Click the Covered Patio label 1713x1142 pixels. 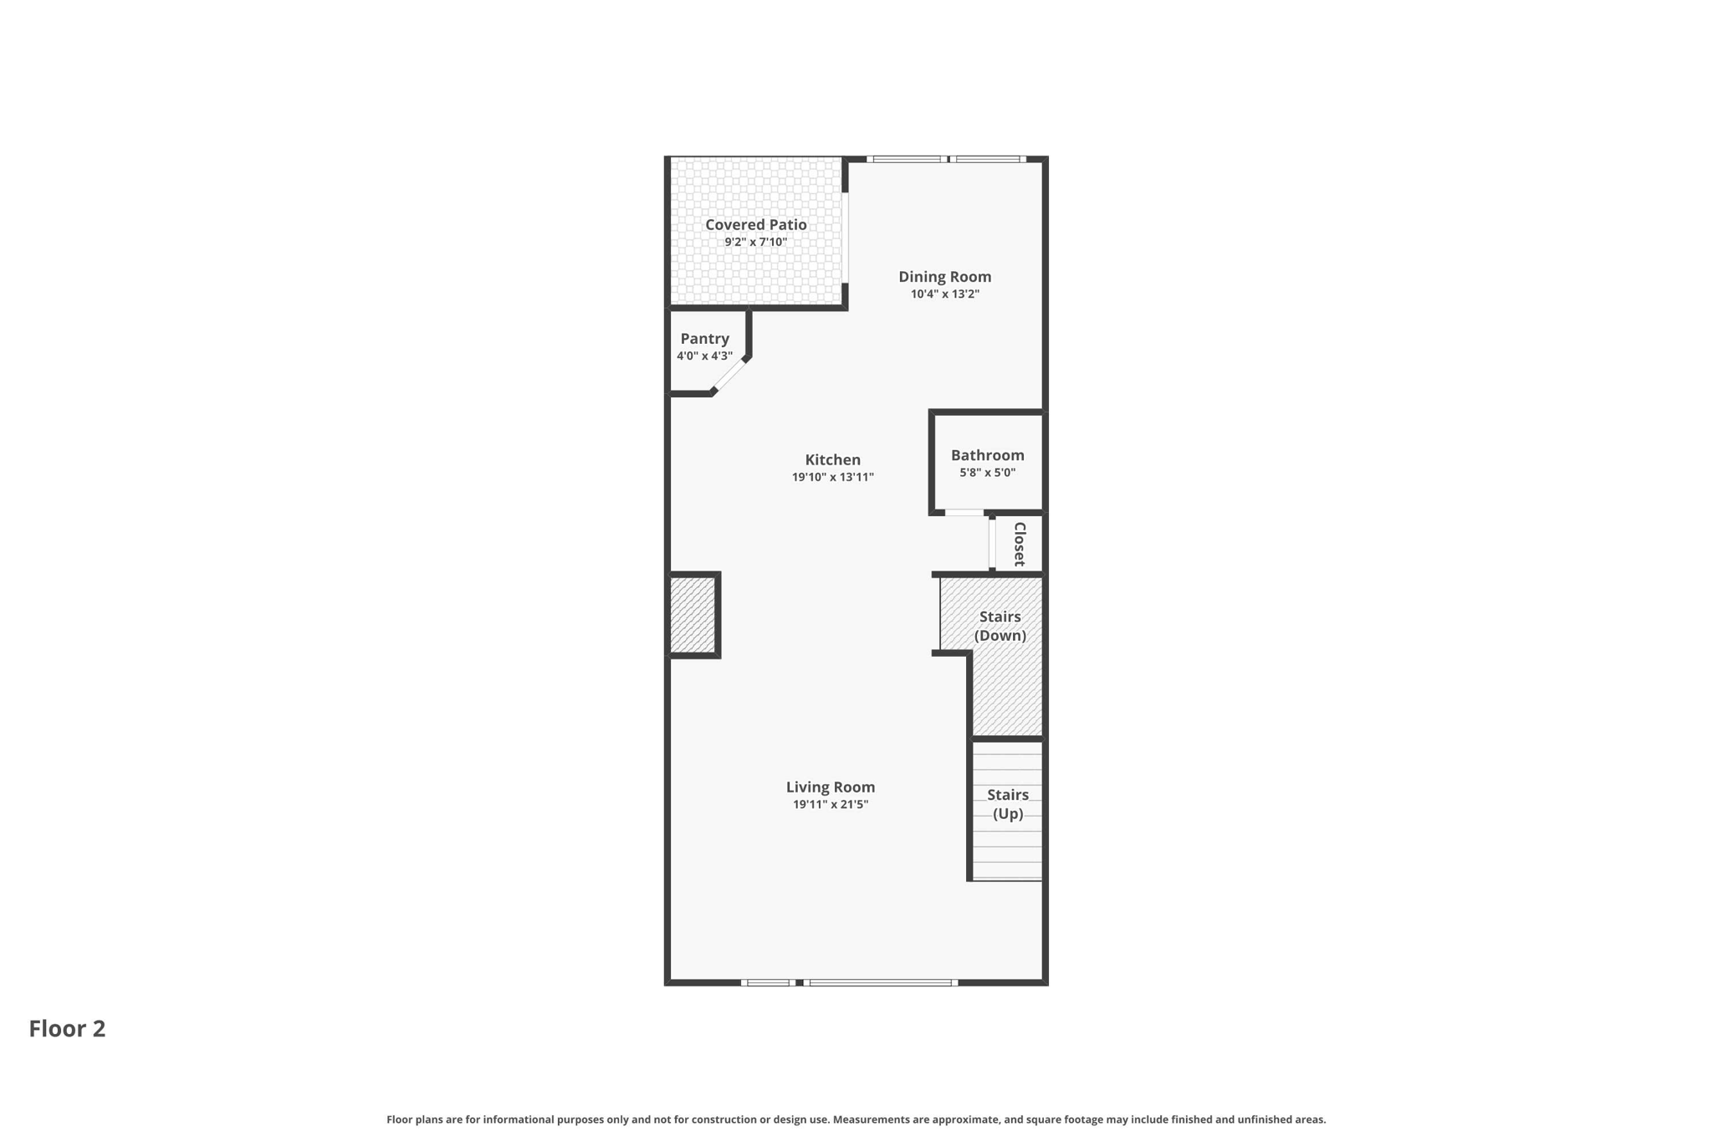tap(755, 224)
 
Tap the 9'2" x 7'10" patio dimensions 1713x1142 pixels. tap(755, 243)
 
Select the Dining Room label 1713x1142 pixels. tap(944, 276)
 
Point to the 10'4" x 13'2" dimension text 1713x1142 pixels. tap(944, 294)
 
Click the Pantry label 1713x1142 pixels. tap(704, 338)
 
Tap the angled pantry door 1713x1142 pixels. tap(729, 375)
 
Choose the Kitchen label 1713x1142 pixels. tap(832, 459)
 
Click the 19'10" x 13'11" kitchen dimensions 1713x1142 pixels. tap(832, 478)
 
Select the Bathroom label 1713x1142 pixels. tap(987, 455)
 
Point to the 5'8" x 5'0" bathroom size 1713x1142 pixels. tap(987, 473)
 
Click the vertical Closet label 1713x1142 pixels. tap(1020, 544)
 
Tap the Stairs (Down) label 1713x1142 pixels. tap(1000, 626)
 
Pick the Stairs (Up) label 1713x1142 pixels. tap(1007, 804)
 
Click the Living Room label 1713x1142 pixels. tap(830, 786)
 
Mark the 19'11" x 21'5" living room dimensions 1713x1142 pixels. tap(830, 805)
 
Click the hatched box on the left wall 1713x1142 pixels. tap(693, 615)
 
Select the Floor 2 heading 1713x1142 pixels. tap(67, 1028)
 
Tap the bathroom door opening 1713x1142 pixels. tap(964, 512)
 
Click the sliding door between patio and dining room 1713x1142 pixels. tap(845, 238)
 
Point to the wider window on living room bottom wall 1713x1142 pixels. tap(881, 982)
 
